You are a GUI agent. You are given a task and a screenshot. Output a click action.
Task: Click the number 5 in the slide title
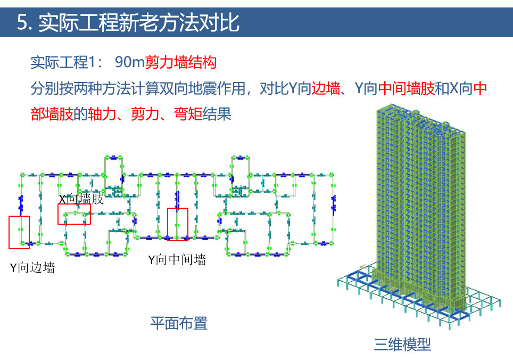[22, 23]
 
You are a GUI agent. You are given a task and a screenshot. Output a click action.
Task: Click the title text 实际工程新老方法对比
[139, 23]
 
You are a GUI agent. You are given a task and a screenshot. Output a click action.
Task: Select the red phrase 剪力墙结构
[181, 62]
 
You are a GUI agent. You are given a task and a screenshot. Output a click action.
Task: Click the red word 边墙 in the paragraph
[326, 88]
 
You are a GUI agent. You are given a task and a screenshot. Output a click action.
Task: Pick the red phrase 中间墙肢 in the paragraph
[406, 88]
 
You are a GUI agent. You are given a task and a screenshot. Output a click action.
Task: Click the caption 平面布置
[178, 323]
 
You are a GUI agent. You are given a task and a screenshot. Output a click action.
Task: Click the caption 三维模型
[402, 345]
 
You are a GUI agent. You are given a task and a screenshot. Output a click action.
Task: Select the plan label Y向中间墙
[177, 260]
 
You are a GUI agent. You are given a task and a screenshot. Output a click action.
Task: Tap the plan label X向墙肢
[81, 200]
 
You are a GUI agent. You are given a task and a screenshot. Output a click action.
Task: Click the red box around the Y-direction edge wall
[19, 232]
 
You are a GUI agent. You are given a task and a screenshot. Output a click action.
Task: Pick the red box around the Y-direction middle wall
[178, 224]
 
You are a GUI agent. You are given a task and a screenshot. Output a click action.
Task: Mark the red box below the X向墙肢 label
[74, 214]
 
